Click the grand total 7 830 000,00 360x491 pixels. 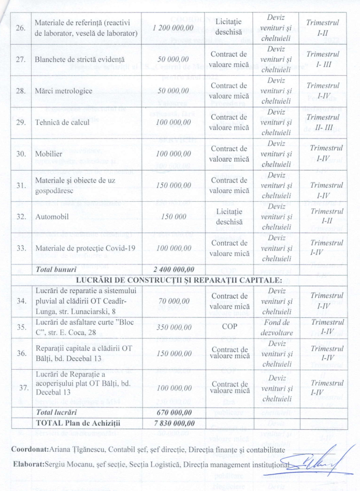pyautogui.click(x=174, y=423)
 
